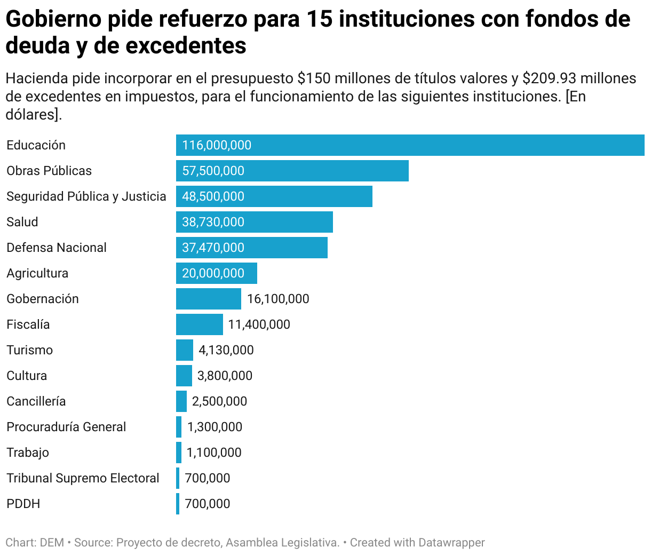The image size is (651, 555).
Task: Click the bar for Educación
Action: pos(410,145)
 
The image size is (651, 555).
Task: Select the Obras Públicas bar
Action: pos(292,171)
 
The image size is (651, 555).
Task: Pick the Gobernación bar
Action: pos(208,299)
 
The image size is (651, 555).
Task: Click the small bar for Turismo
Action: pos(185,350)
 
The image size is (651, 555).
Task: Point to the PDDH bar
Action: pos(178,504)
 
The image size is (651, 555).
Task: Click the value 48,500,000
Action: pos(213,196)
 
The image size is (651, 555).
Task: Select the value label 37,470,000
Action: pos(213,248)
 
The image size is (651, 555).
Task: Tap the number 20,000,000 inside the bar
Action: pos(213,273)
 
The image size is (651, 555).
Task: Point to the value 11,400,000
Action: pos(259,324)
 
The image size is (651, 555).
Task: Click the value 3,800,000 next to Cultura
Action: pos(225,376)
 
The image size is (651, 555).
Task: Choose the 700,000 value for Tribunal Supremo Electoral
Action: pos(207,478)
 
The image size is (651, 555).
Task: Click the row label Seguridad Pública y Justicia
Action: pos(86,196)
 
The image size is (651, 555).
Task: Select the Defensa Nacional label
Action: pos(56,248)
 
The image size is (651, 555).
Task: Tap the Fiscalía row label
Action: pos(28,324)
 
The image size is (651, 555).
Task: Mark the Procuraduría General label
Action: pos(66,427)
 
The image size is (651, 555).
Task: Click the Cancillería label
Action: pos(36,401)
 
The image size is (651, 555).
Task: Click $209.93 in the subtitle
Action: pos(549,78)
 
